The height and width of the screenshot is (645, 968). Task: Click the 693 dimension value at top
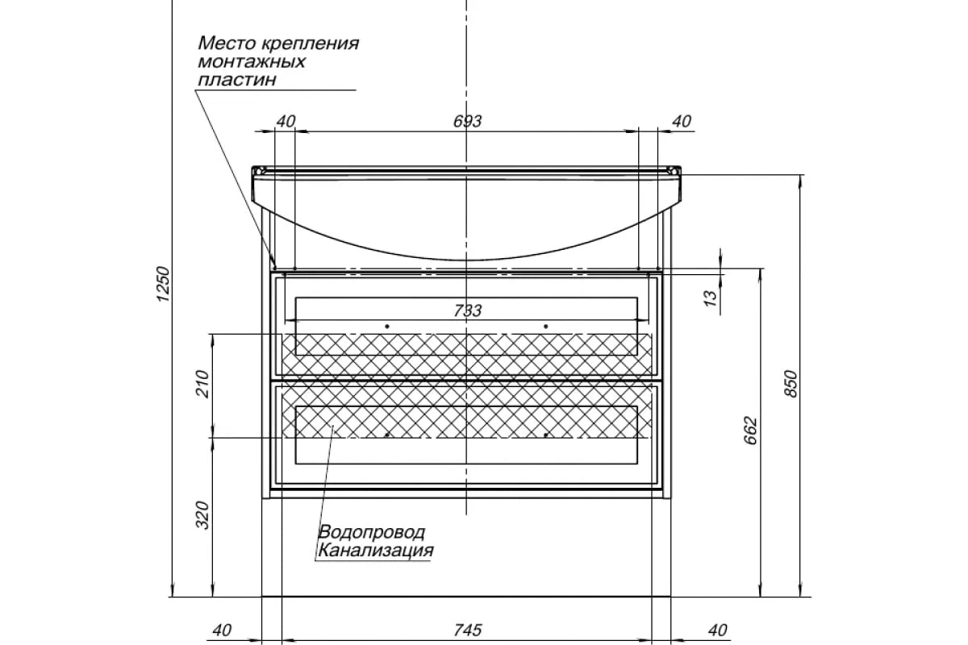[x=468, y=122]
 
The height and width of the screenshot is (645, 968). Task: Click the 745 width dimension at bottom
[x=468, y=630]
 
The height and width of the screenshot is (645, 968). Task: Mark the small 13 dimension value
[x=710, y=298]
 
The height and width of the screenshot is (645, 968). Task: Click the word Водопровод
[x=372, y=533]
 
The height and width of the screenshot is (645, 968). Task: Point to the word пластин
[x=236, y=80]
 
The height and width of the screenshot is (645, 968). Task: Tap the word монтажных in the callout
[x=252, y=61]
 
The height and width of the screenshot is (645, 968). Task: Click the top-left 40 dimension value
[x=286, y=122]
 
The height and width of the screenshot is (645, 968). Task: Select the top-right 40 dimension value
[x=682, y=122]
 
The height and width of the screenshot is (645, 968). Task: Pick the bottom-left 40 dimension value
[x=222, y=630]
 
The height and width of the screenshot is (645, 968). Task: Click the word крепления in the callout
[x=311, y=43]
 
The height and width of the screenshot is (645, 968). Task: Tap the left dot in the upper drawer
[x=387, y=326]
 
